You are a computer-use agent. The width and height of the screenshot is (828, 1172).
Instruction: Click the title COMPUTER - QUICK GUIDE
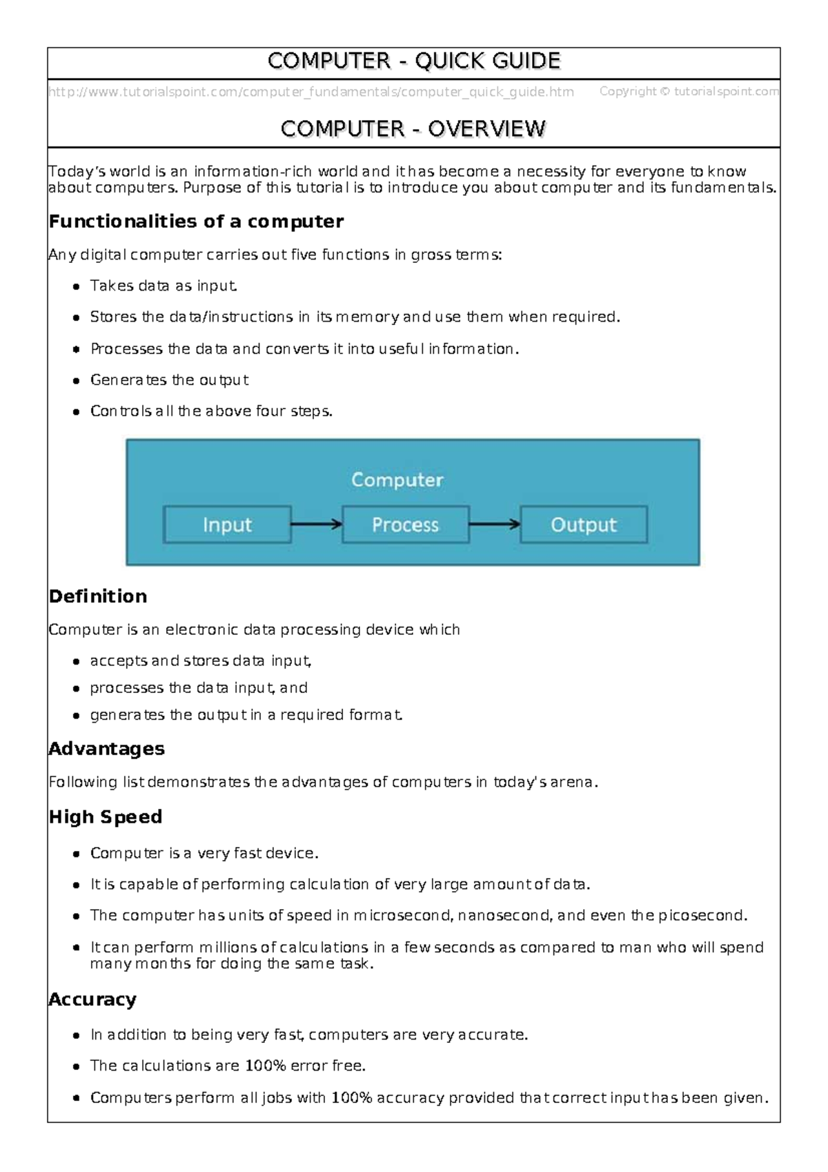pyautogui.click(x=413, y=61)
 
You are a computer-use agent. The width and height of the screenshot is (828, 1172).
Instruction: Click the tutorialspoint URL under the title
pyautogui.click(x=310, y=92)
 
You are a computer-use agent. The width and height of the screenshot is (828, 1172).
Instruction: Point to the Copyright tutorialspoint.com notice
pyautogui.click(x=689, y=91)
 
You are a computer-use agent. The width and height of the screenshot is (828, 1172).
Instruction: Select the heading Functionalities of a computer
pyautogui.click(x=196, y=222)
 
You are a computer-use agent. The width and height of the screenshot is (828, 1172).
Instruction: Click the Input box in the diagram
pyautogui.click(x=227, y=525)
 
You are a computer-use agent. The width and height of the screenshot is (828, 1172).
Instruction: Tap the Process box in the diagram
pyautogui.click(x=405, y=525)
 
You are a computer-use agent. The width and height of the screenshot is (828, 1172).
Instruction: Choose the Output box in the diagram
pyautogui.click(x=583, y=525)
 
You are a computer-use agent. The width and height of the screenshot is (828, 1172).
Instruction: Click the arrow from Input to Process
pyautogui.click(x=316, y=525)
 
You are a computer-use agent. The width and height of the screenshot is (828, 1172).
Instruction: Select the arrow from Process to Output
pyautogui.click(x=494, y=525)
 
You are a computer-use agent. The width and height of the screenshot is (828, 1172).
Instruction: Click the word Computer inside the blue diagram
pyautogui.click(x=397, y=480)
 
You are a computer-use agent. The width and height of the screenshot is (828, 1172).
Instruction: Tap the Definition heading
pyautogui.click(x=98, y=596)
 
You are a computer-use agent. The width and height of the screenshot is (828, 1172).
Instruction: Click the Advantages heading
pyautogui.click(x=106, y=749)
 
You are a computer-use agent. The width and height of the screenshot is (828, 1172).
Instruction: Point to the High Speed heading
pyautogui.click(x=106, y=817)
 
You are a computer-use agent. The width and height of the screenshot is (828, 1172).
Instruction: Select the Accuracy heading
pyautogui.click(x=92, y=999)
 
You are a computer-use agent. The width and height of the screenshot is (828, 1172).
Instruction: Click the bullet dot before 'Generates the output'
pyautogui.click(x=77, y=381)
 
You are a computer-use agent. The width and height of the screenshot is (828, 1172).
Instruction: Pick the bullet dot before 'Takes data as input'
pyautogui.click(x=77, y=286)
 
